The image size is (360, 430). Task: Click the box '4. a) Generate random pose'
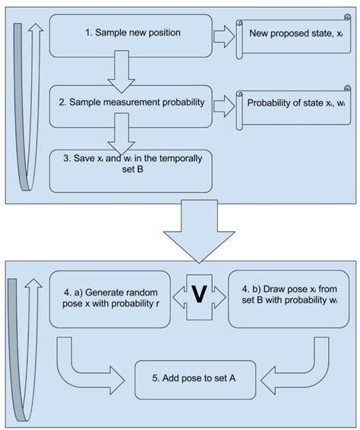110,298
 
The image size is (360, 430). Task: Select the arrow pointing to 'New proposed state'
223,35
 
